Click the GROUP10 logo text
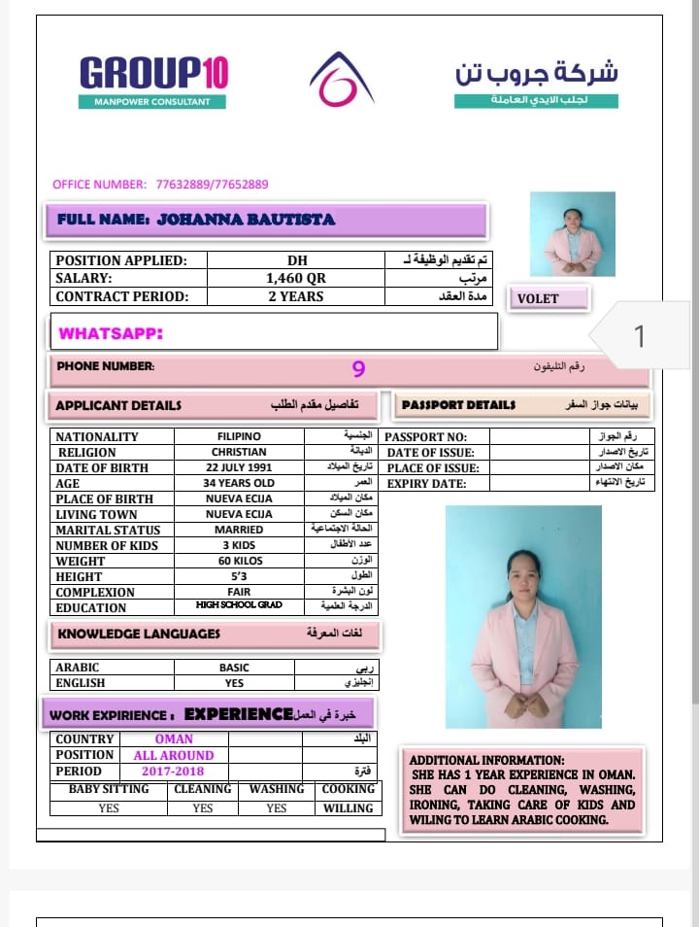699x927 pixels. point(153,74)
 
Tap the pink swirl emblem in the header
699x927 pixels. point(341,80)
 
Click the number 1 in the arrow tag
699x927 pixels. point(639,336)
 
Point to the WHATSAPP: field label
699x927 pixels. point(111,333)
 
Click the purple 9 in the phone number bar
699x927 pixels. point(358,369)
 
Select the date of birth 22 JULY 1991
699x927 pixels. point(239,468)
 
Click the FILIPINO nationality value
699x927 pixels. point(239,437)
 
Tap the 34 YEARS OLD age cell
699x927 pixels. point(239,484)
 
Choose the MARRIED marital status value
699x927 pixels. point(239,531)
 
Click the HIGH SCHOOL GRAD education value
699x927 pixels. point(239,605)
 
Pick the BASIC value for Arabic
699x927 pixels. point(234,669)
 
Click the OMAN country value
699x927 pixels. point(174,739)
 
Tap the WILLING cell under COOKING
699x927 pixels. point(348,808)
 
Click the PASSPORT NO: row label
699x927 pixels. point(426,437)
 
